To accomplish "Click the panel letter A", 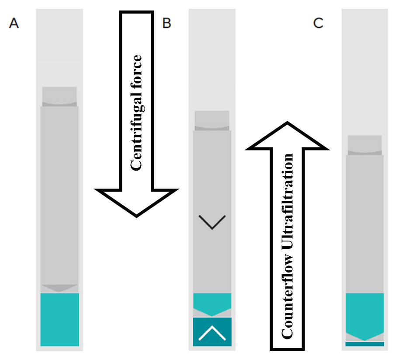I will [x=14, y=23].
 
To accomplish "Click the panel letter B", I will [x=167, y=23].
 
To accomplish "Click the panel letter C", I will [x=318, y=23].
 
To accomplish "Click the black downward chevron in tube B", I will [x=212, y=222].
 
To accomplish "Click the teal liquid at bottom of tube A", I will [x=59, y=319].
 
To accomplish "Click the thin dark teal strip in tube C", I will [x=364, y=344].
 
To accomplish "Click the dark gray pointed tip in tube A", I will [x=59, y=288].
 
